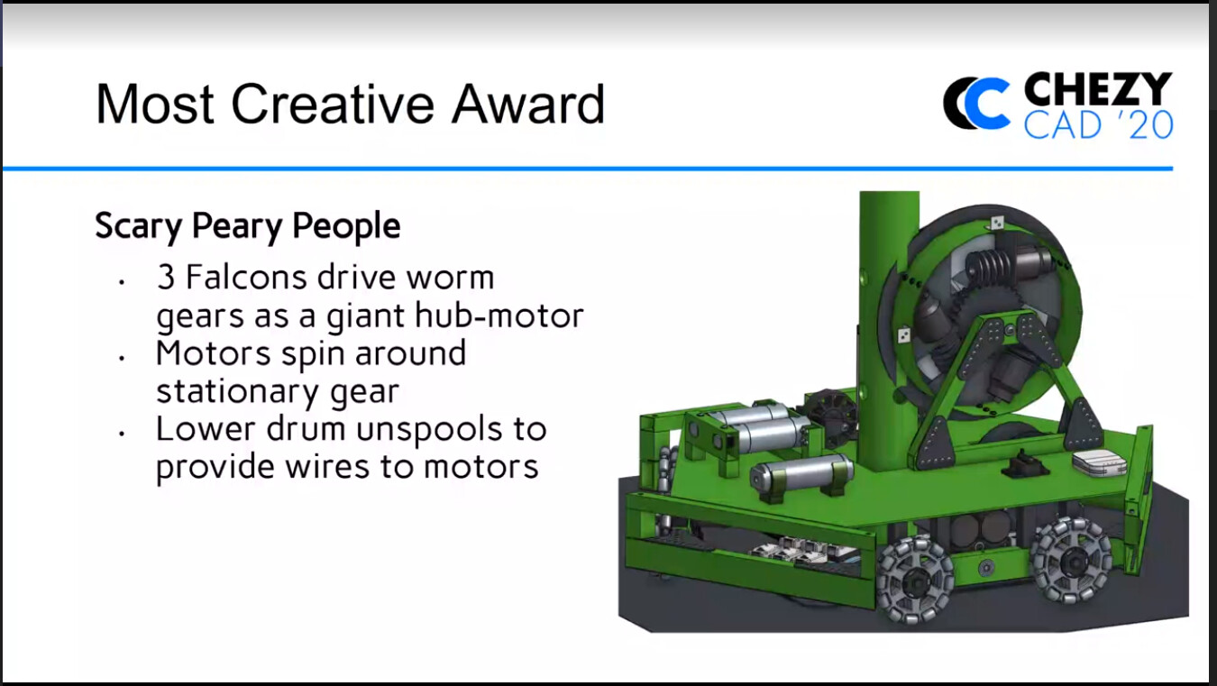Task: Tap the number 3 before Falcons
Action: pos(166,277)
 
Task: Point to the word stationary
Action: pos(237,392)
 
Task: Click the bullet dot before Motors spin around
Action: pos(122,358)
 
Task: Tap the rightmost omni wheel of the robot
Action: pos(1071,560)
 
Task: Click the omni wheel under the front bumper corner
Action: pos(916,580)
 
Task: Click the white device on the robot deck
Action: pos(1099,462)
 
